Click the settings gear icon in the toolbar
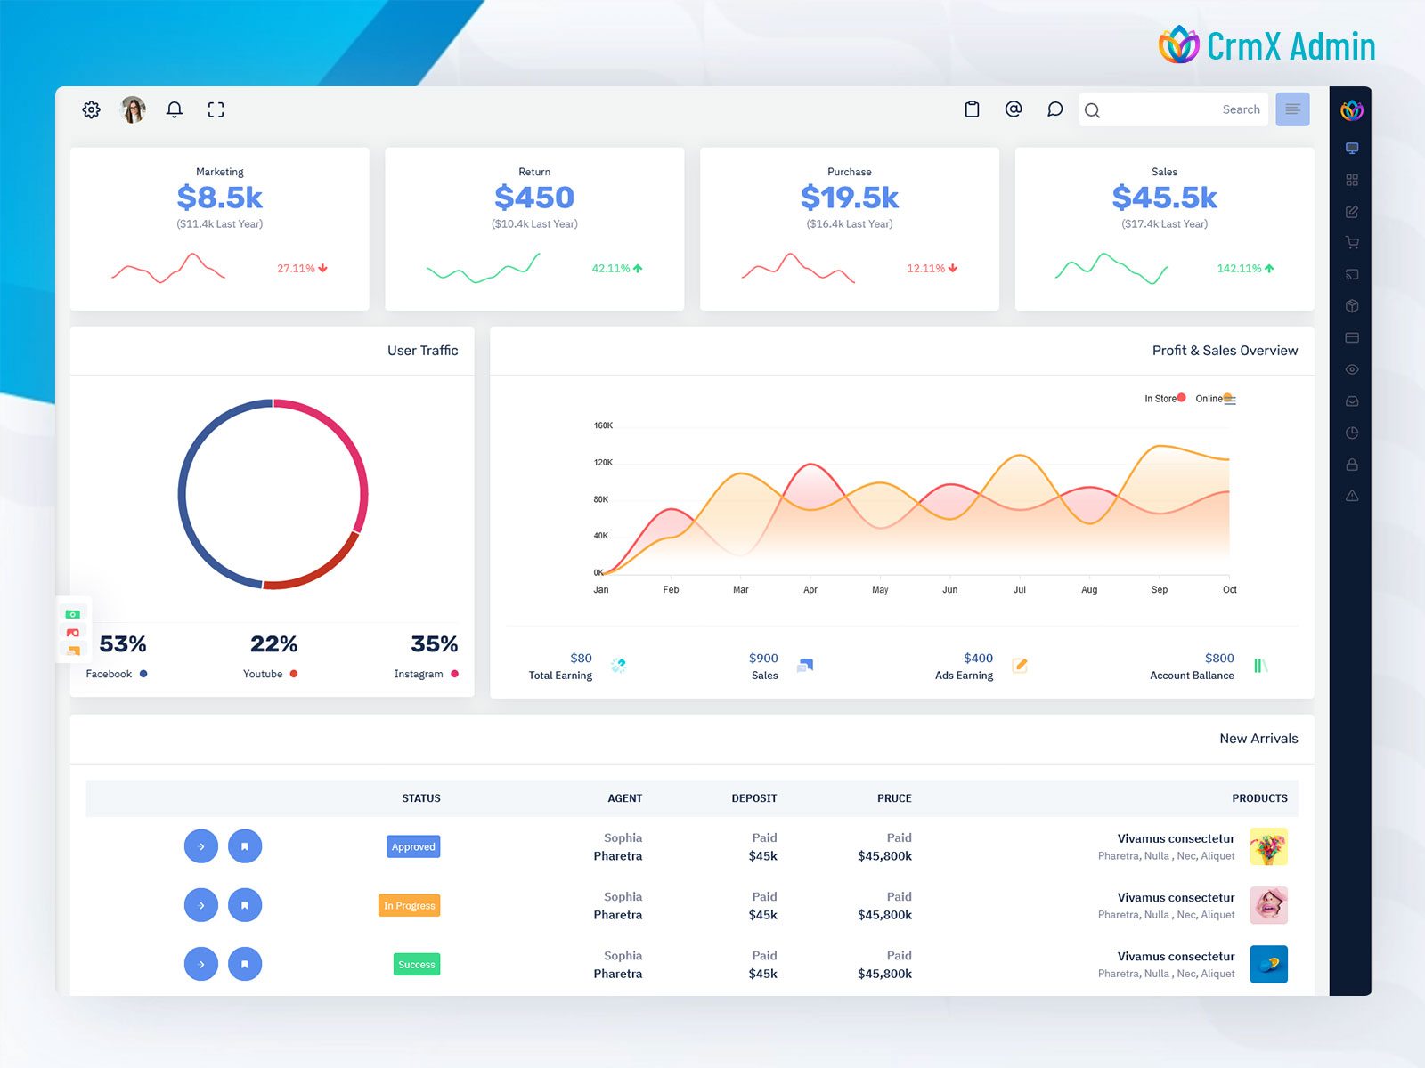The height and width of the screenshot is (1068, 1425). pos(91,109)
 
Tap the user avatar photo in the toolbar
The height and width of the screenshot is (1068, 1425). pos(133,109)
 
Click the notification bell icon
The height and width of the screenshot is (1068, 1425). pos(175,109)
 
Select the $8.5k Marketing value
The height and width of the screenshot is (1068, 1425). pos(219,197)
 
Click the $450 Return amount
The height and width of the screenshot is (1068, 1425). pos(534,197)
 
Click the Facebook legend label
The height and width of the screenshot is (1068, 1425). pos(109,674)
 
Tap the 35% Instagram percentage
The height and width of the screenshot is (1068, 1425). pos(434,643)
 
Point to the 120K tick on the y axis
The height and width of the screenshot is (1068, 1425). pos(603,463)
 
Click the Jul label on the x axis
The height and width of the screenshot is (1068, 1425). pos(1019,589)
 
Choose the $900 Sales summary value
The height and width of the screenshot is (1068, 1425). pos(763,658)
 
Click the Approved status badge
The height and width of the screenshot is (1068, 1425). pos(413,846)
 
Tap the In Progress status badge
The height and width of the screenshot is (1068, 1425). pos(410,905)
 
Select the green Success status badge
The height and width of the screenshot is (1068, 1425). pos(416,964)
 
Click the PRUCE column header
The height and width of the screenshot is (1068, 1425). pos(893,798)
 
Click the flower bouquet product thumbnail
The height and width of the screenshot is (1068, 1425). pos(1268,846)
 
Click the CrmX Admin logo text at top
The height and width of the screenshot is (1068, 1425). pos(1290,46)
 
